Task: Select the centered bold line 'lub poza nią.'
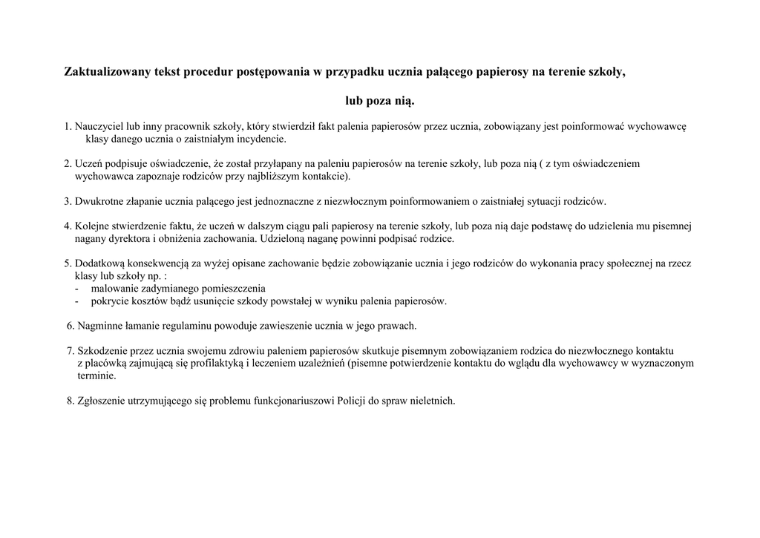pyautogui.click(x=379, y=99)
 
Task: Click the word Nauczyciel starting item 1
pyautogui.click(x=99, y=126)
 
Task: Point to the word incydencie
pyautogui.click(x=260, y=139)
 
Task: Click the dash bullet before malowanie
pyautogui.click(x=77, y=288)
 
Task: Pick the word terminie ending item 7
pyautogui.click(x=96, y=375)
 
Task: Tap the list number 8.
pyautogui.click(x=70, y=401)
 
